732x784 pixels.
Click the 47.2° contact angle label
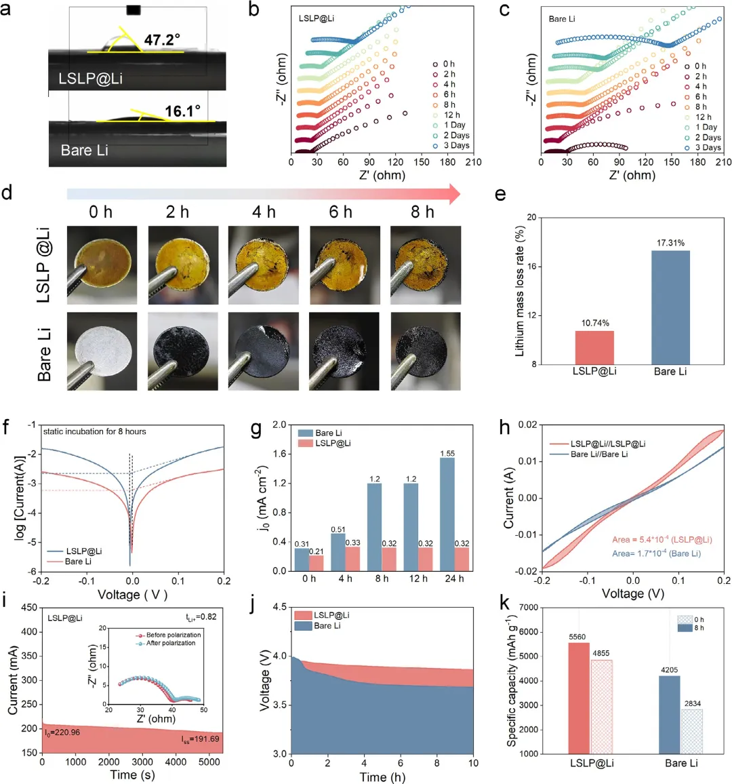162,40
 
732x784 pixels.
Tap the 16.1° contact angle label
183,111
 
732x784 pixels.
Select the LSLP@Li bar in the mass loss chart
594,347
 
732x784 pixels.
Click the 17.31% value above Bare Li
670,243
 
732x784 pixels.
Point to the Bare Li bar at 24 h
447,514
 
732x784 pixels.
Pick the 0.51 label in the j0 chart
338,530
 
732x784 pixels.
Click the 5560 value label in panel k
577,638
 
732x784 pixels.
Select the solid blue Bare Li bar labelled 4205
669,714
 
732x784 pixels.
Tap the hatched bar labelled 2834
692,731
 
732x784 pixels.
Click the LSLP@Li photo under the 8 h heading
425,264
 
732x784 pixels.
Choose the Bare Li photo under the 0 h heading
102,351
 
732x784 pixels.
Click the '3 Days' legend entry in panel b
456,146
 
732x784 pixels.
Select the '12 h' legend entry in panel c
704,117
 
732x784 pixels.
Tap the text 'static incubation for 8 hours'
94,431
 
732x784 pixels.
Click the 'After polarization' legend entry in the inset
171,643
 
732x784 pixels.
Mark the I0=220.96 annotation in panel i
62,732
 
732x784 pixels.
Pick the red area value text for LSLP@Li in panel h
662,540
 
